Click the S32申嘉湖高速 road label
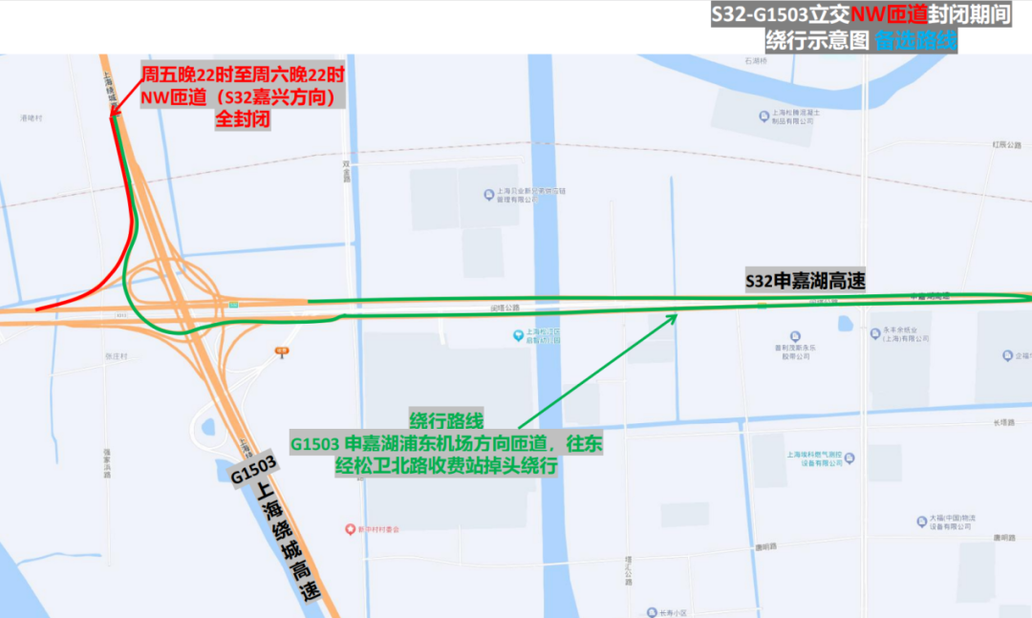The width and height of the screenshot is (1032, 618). pos(805,282)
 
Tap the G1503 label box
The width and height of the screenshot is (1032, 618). pos(253,469)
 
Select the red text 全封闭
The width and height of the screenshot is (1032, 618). pos(243,119)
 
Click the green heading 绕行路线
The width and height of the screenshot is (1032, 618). pos(446,421)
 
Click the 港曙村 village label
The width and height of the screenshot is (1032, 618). pos(32,118)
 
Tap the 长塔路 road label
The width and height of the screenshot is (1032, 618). pos(1002,423)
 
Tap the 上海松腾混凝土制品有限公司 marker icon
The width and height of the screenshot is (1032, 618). pos(763,116)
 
